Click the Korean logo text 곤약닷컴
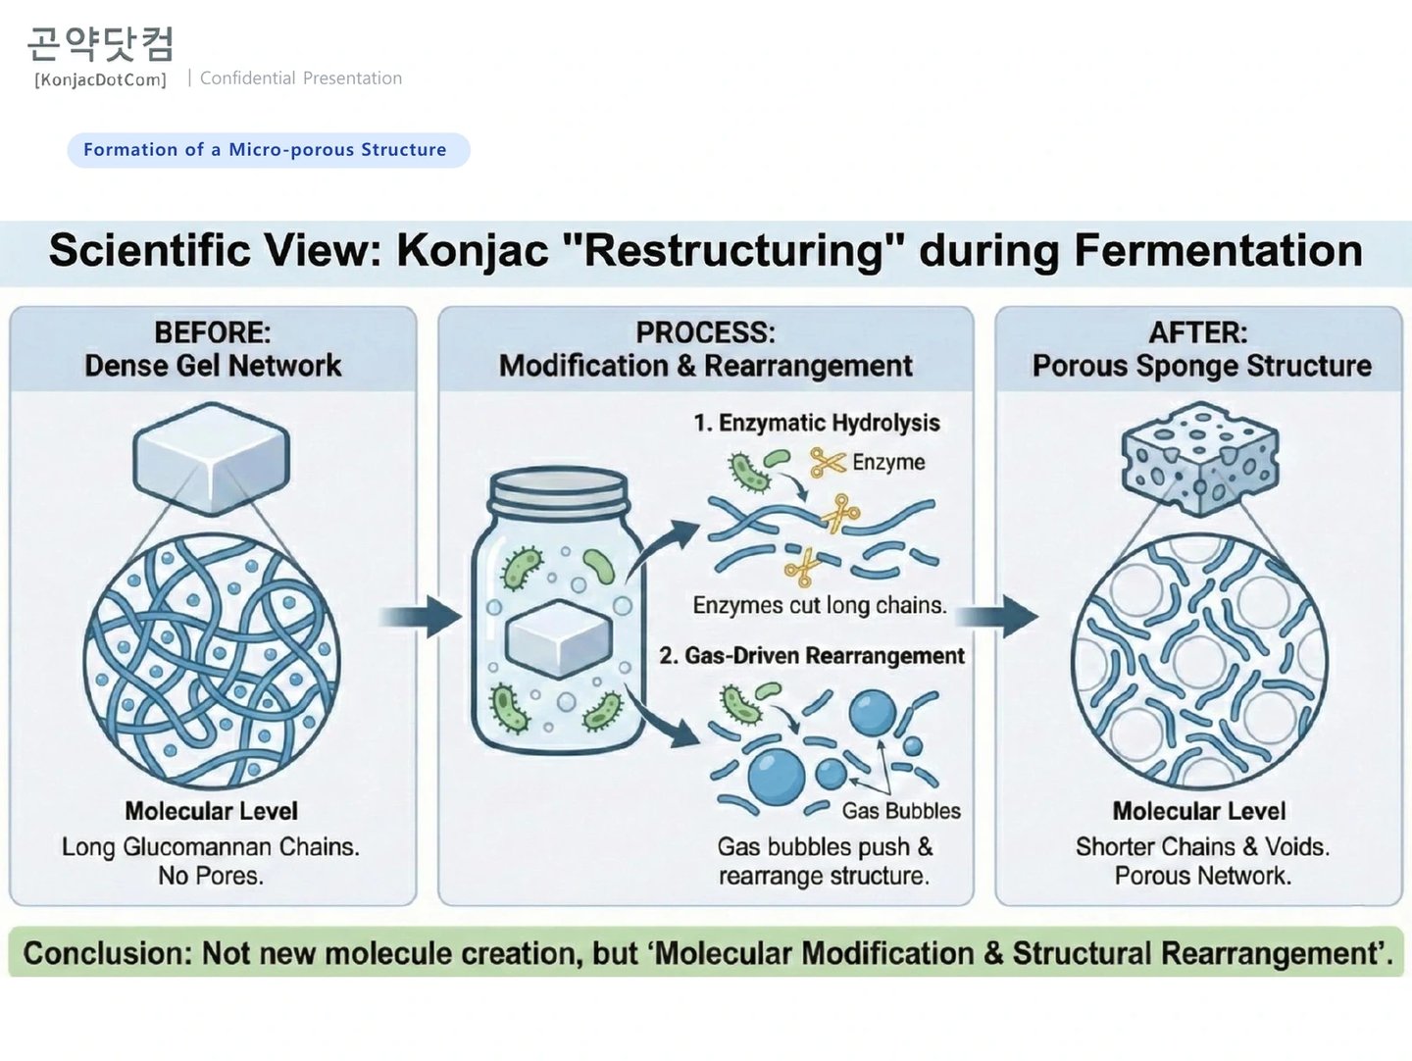coord(100,44)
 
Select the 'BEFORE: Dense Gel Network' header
coord(213,349)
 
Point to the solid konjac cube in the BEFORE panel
coord(211,457)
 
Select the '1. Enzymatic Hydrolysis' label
coord(817,423)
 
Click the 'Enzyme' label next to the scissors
coord(888,462)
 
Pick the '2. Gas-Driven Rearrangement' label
coord(812,655)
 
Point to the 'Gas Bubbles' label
coord(901,811)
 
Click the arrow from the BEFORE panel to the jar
coord(421,617)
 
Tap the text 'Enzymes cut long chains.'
coord(820,605)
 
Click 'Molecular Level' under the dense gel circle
coord(212,811)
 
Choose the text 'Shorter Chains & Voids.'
coord(1202,846)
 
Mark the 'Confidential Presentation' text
coord(301,78)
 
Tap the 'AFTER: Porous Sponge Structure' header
coord(1200,349)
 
